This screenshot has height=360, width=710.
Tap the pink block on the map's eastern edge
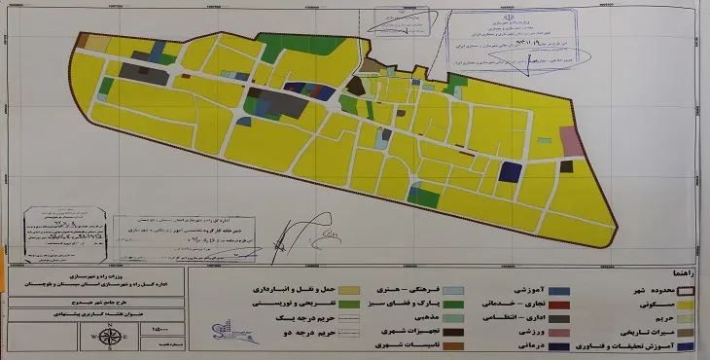tap(573, 142)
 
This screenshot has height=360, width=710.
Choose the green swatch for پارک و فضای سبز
tap(425, 304)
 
